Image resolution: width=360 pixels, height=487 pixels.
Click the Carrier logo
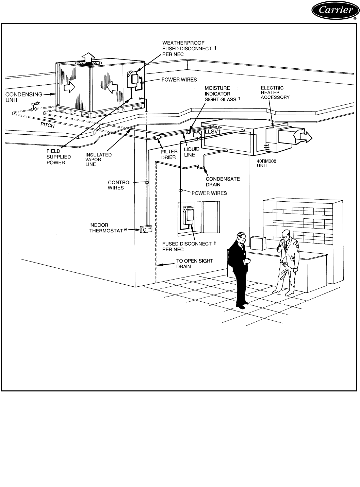point(334,12)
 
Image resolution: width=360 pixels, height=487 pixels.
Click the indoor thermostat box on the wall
point(145,230)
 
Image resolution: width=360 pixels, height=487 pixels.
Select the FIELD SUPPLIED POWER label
point(59,157)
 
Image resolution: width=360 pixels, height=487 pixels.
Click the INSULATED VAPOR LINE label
point(98,159)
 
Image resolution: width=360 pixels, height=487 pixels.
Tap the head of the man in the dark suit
point(240,237)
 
